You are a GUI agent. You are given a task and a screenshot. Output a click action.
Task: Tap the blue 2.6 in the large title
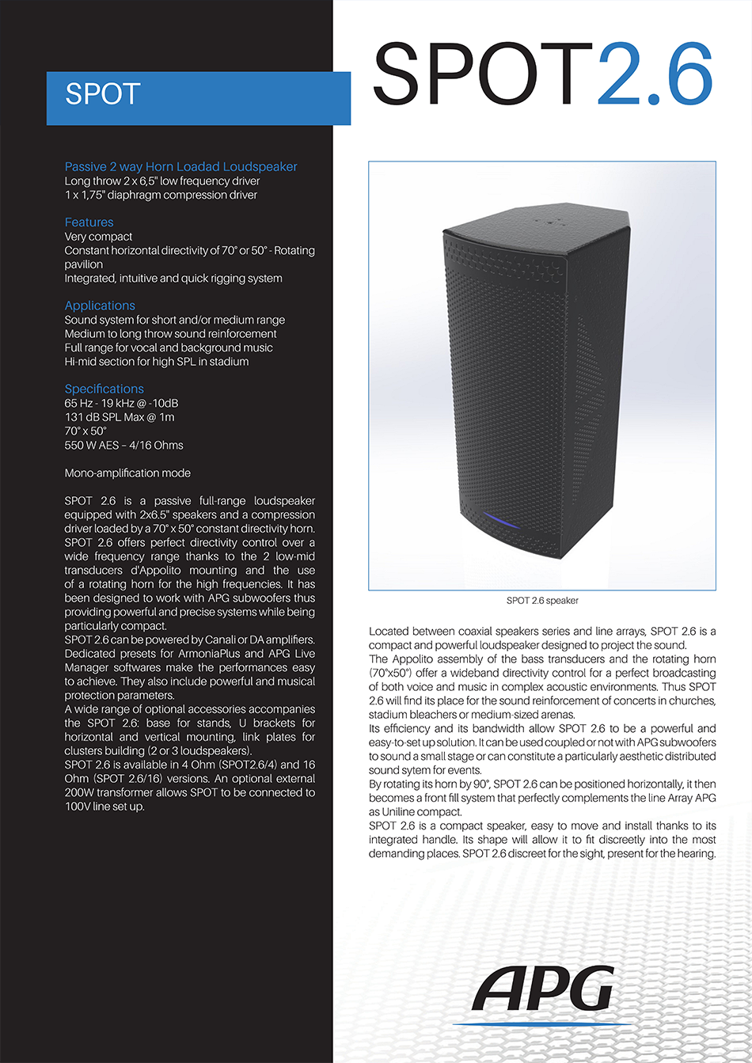655,74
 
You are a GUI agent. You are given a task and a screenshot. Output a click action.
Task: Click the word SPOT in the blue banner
103,94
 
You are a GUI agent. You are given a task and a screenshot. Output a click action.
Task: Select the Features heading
89,222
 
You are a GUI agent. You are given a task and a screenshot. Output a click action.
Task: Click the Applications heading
100,306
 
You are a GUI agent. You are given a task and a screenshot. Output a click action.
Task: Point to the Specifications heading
104,389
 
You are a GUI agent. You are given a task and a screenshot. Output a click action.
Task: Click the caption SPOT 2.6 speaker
542,601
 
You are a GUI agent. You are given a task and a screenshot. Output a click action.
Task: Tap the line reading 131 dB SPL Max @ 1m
120,417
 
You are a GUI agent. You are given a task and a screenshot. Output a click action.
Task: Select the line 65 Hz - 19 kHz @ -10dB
121,403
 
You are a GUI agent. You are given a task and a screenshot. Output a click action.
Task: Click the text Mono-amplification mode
127,473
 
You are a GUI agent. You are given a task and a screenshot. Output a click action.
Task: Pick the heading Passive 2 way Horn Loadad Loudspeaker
180,167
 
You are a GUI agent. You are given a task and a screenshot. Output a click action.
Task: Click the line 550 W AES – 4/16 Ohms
123,445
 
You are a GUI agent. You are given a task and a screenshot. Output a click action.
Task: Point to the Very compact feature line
98,237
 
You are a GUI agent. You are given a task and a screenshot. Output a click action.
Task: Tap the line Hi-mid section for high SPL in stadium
156,362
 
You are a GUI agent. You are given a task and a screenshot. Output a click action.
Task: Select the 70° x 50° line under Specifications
85,431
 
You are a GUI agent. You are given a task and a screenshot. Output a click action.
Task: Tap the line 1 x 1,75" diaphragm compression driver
161,195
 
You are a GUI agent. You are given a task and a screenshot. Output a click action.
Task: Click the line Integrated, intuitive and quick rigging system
173,279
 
